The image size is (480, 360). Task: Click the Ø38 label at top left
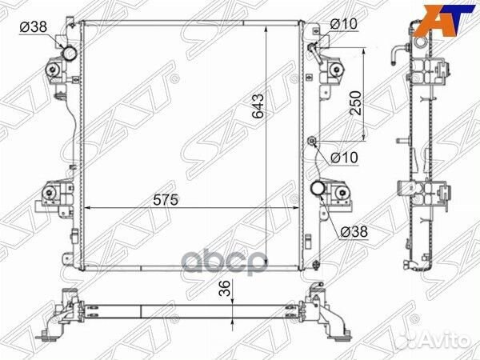(x=33, y=26)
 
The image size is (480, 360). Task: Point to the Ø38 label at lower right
(x=354, y=232)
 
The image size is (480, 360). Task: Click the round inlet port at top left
(x=70, y=54)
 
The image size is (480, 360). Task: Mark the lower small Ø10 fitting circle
(x=313, y=143)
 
